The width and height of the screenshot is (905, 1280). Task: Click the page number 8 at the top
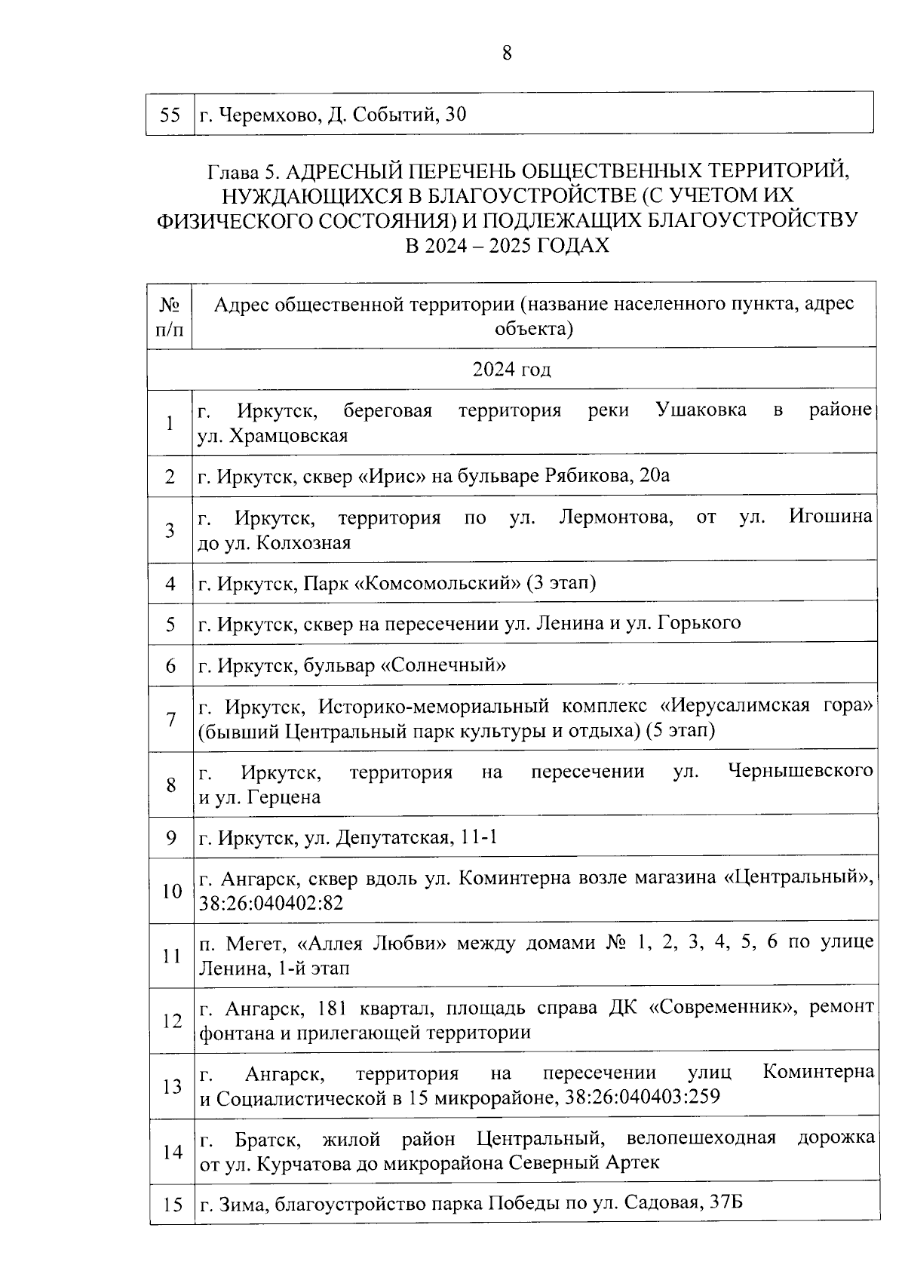pos(507,54)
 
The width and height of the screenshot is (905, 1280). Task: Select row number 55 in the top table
pos(170,115)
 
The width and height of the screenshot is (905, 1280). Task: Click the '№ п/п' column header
pos(170,317)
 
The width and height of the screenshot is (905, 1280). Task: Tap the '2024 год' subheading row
pos(511,370)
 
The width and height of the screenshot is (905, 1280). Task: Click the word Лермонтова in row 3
pos(616,518)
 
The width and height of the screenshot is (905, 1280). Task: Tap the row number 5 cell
pos(170,625)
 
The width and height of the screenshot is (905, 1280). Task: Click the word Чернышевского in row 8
pos(801,772)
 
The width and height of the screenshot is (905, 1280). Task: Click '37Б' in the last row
pos(726,1202)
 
